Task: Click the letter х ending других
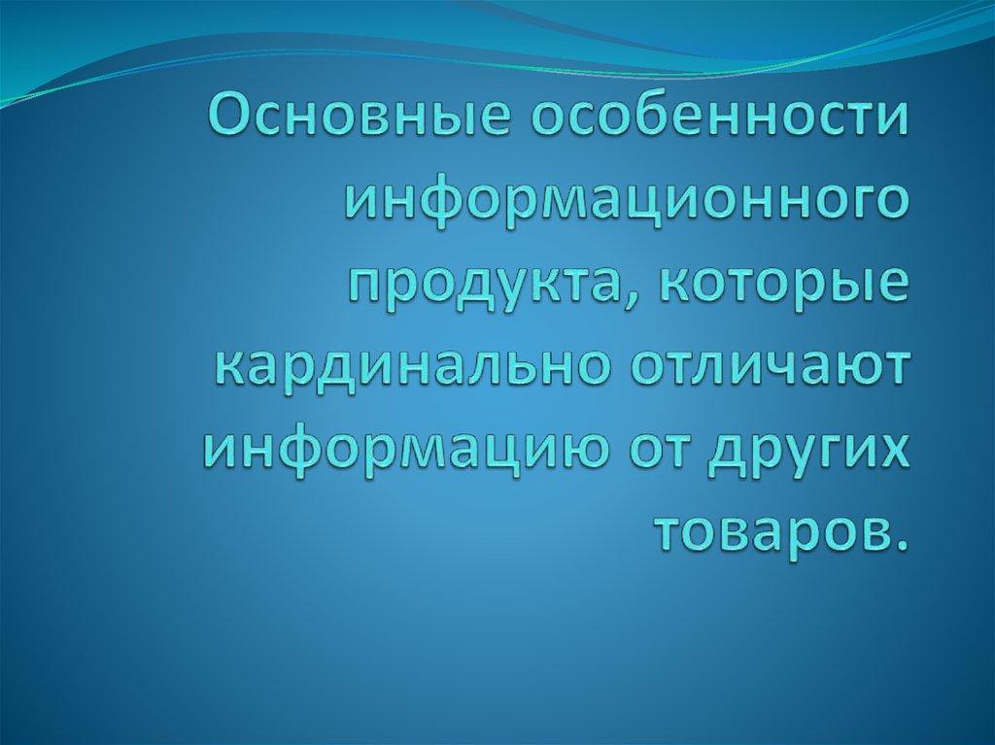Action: [899, 450]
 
